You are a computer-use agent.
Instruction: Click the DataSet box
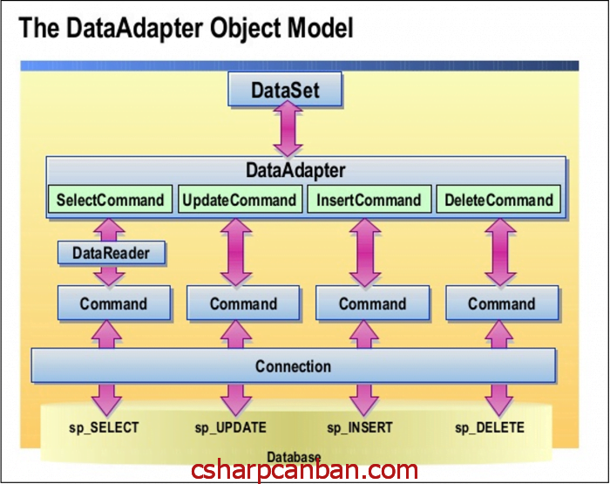(286, 91)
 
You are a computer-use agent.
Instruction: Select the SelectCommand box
(110, 200)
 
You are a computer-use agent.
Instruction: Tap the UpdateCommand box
(240, 200)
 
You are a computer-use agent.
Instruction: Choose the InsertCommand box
(369, 200)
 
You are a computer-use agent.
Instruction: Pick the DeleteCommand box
(498, 200)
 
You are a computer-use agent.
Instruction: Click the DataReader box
(110, 254)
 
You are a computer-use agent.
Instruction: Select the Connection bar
(293, 366)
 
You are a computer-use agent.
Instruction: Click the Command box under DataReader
(113, 304)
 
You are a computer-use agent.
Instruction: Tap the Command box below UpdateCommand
(243, 304)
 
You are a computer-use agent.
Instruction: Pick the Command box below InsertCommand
(372, 304)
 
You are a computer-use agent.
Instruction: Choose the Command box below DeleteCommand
(501, 304)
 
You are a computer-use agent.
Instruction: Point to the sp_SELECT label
(105, 427)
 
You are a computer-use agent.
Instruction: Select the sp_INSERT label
(360, 427)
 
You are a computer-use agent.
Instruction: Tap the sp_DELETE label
(490, 427)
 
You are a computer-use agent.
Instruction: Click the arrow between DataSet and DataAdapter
(286, 132)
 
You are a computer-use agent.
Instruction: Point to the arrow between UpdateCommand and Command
(236, 250)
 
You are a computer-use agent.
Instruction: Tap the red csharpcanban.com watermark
(305, 471)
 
